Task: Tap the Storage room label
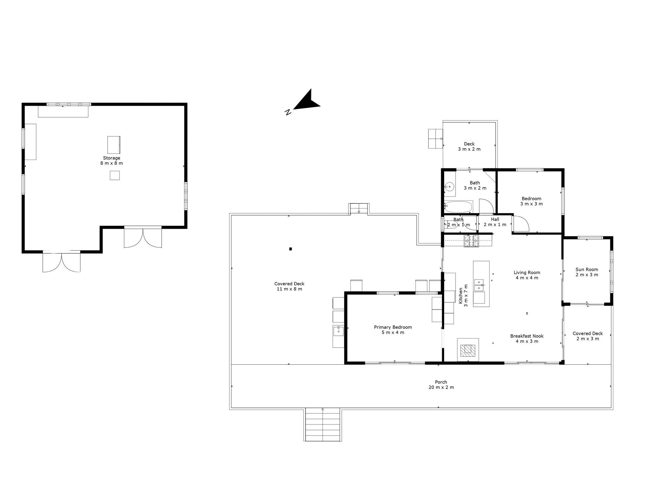[x=112, y=158]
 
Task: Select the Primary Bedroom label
[x=393, y=327]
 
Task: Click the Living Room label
[x=527, y=272]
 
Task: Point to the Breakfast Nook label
[x=527, y=336]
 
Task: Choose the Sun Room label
[x=587, y=269]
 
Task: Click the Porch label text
[x=441, y=382]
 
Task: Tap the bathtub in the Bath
[x=458, y=206]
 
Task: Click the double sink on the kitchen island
[x=479, y=285]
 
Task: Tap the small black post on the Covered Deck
[x=290, y=249]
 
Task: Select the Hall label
[x=495, y=219]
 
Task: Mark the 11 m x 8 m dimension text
[x=289, y=289]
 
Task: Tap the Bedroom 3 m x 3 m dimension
[x=531, y=204]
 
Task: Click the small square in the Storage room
[x=115, y=175]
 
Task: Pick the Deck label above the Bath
[x=469, y=144]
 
